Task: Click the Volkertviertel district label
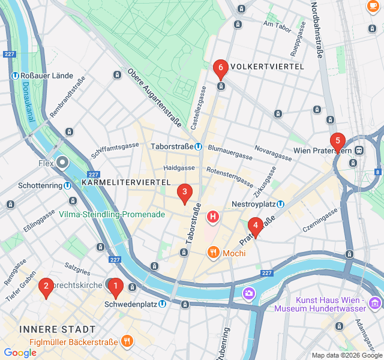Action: coord(267,66)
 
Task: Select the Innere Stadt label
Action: coord(58,329)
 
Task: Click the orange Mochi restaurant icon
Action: coord(212,253)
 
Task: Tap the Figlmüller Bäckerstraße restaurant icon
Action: coord(127,341)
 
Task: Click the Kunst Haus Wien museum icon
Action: coord(375,301)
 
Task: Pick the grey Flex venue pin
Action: coord(63,163)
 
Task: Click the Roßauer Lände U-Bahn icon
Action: coord(15,76)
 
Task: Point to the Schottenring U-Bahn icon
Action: coord(68,185)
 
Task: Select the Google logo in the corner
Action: coord(20,353)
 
